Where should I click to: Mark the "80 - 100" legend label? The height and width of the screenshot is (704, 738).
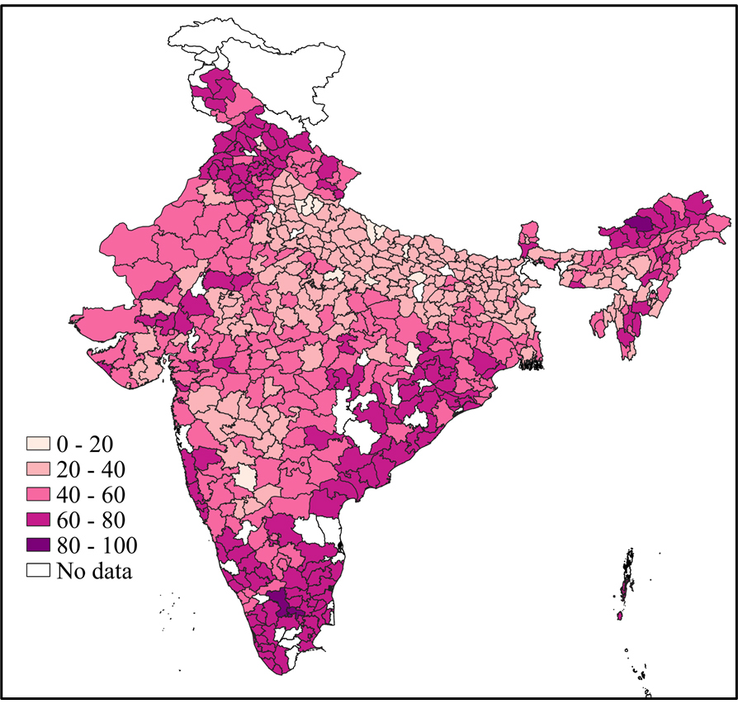(x=96, y=545)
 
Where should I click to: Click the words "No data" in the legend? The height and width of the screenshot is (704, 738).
(x=93, y=570)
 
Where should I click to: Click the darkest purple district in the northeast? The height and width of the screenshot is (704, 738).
(x=641, y=221)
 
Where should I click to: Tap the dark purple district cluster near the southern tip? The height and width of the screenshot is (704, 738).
(x=281, y=603)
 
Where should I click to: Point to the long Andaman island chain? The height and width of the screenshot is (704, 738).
(x=627, y=578)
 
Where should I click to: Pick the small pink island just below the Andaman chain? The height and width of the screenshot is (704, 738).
(x=620, y=616)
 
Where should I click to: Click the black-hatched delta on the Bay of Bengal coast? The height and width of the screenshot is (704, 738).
(x=533, y=360)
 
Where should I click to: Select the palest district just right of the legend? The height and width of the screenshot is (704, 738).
(x=245, y=478)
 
